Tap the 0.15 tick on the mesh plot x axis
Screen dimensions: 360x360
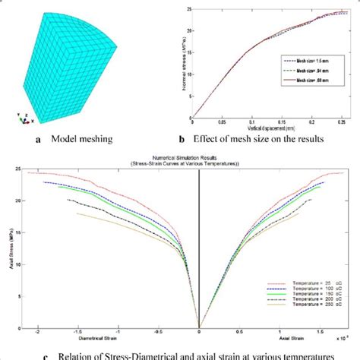pyautogui.click(x=281, y=122)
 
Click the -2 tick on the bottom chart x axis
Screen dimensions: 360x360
pyautogui.click(x=35, y=331)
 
